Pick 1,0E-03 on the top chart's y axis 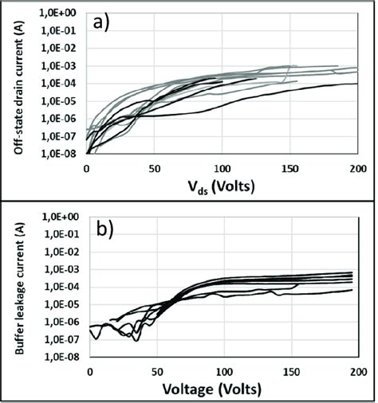(59, 65)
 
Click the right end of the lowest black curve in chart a (356, 84)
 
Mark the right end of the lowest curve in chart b (352, 290)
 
